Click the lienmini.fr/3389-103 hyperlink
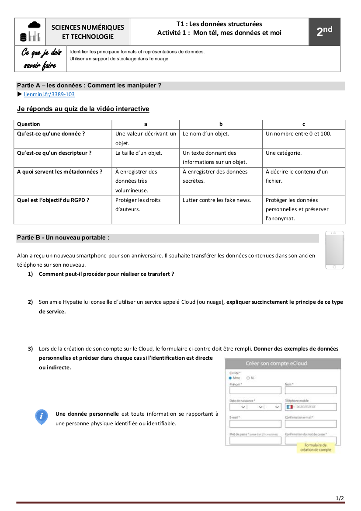(49, 94)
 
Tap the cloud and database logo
(30, 32)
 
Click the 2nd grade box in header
(324, 32)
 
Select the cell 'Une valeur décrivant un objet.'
(146, 138)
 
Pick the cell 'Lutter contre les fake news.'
(217, 200)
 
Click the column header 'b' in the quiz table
(221, 124)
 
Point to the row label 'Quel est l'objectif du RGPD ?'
(53, 200)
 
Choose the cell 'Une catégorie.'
(284, 153)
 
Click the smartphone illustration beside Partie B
(334, 250)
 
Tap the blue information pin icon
(42, 417)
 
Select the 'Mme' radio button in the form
(231, 378)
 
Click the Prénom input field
(255, 390)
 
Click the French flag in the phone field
(289, 407)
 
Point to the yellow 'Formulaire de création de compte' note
(316, 447)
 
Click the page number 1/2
(340, 498)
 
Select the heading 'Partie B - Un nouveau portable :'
(63, 238)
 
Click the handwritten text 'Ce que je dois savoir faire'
(42, 59)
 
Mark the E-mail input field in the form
(255, 424)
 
